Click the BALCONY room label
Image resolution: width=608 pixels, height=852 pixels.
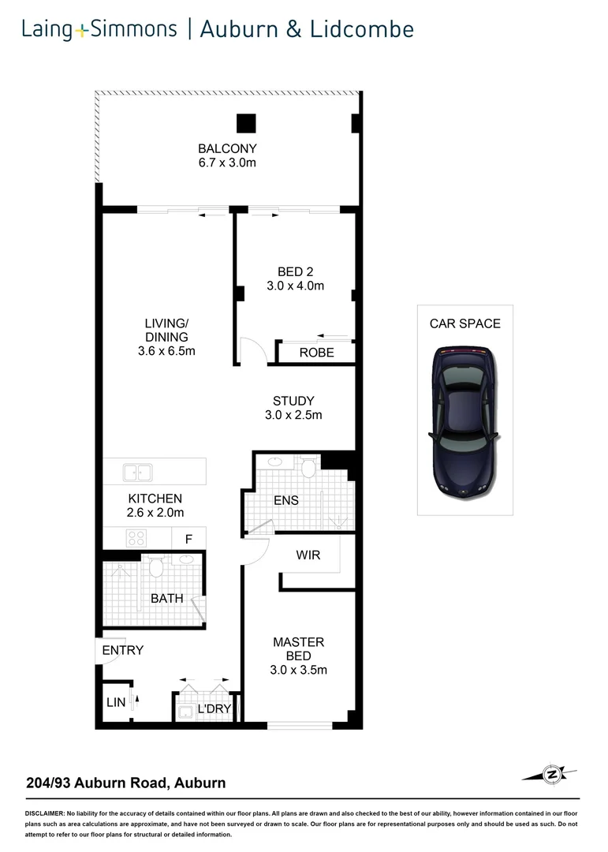tap(227, 148)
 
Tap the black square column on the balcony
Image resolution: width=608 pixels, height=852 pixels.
tap(247, 124)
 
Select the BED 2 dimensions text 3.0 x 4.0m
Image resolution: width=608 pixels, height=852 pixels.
tap(295, 286)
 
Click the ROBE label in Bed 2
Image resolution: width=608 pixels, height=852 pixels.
tap(316, 353)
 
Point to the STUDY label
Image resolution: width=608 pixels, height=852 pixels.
tap(293, 401)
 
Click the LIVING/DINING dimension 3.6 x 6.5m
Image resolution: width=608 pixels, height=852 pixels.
tap(166, 351)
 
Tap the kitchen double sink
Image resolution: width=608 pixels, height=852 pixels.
tap(137, 473)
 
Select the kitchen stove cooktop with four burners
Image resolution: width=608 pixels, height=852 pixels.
tap(136, 539)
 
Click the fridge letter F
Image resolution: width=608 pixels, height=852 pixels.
tap(188, 540)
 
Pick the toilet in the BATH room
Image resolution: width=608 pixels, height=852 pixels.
tap(155, 566)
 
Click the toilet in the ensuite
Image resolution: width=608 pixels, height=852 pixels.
tap(308, 469)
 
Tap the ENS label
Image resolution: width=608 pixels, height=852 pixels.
tap(285, 500)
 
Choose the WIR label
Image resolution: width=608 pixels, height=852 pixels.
tap(308, 555)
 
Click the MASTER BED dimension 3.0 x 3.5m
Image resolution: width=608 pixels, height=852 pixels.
tap(298, 671)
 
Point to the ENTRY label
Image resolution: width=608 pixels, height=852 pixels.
tap(123, 650)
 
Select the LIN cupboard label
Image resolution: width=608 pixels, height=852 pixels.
tap(116, 702)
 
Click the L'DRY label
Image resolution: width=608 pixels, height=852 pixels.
tap(213, 708)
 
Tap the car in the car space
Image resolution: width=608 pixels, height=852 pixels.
tap(464, 421)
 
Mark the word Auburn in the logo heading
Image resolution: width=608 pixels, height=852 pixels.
tap(245, 29)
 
